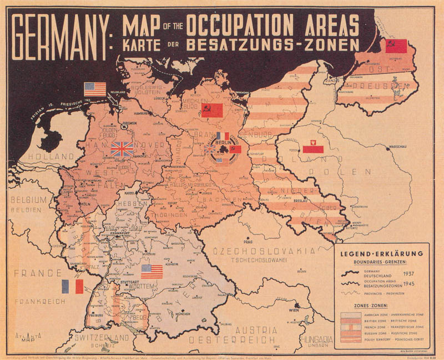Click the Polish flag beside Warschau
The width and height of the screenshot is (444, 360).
click(x=313, y=148)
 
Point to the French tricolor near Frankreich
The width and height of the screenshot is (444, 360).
click(x=72, y=287)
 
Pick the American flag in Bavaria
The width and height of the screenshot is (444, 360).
click(x=152, y=271)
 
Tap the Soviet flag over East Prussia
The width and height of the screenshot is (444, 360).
click(x=396, y=46)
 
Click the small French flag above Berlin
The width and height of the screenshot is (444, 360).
click(x=223, y=136)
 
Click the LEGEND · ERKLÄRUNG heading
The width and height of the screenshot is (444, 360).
click(x=382, y=254)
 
